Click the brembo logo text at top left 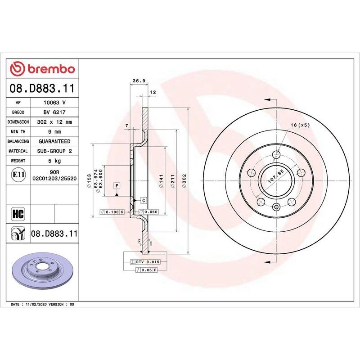(51, 69)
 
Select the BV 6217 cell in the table (54, 112)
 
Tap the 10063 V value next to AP (54, 103)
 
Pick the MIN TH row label (18, 132)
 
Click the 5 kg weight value (54, 161)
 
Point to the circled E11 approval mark (18, 175)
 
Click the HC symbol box (18, 214)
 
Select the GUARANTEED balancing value (54, 141)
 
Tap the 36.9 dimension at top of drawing (139, 81)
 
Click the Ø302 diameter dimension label (184, 181)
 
